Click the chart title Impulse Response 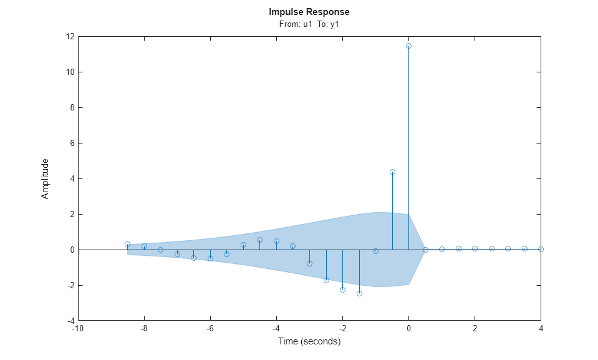pos(309,12)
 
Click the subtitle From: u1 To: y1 pos(309,24)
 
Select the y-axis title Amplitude pos(45,178)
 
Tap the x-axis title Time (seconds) pos(309,341)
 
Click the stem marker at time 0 pos(408,46)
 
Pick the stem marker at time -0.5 pos(392,172)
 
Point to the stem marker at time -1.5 pos(359,293)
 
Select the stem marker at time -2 pos(342,289)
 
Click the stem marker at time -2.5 pos(326,280)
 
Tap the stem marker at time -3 pos(309,263)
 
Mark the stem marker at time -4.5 pos(259,240)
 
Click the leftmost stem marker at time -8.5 pos(127,244)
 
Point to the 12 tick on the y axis pos(69,37)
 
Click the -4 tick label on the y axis pos(69,321)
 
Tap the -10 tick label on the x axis pos(78,329)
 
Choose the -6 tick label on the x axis pos(210,329)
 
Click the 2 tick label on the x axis pos(475,329)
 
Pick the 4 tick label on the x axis pos(541,329)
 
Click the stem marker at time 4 pos(541,249)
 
